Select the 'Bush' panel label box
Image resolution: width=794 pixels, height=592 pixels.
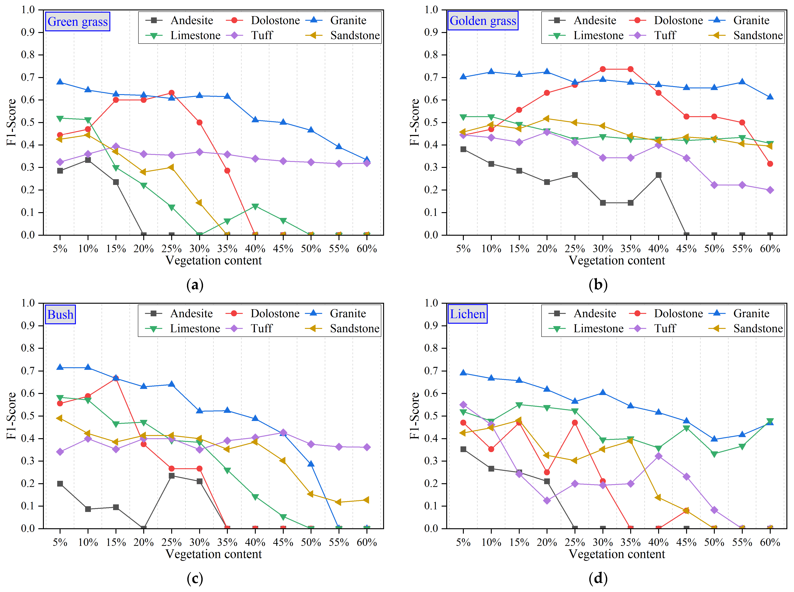(x=60, y=314)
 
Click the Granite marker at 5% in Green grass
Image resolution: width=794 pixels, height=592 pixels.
(x=60, y=82)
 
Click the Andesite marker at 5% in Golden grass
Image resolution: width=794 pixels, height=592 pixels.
(x=463, y=149)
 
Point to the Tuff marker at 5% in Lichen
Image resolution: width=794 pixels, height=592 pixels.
(x=463, y=405)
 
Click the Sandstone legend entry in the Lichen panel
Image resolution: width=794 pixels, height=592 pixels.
(x=746, y=329)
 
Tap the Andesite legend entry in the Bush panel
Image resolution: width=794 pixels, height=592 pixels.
(x=179, y=314)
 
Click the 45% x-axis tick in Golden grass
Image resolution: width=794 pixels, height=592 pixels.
(x=686, y=248)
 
